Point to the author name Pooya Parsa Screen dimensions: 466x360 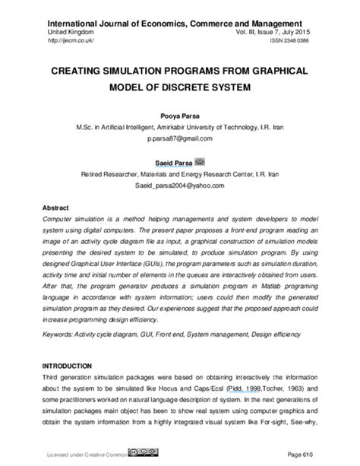point(180,115)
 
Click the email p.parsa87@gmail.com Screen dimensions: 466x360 point(180,139)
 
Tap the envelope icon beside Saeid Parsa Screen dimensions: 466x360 point(201,161)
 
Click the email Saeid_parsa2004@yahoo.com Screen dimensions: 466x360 point(180,184)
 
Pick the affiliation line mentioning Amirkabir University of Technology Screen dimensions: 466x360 point(180,127)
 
